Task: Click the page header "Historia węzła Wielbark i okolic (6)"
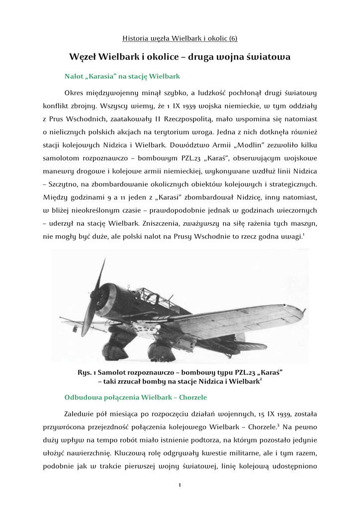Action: [180, 38]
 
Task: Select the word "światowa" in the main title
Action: [269, 57]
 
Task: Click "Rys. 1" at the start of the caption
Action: [87, 372]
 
